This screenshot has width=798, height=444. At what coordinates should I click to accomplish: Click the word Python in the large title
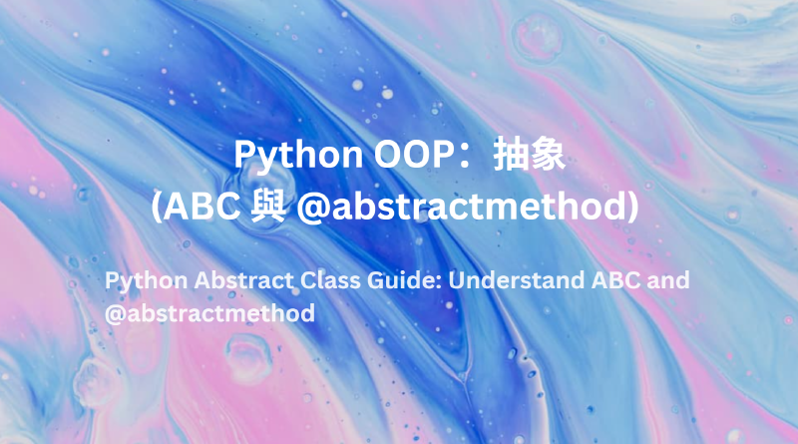pos(284,157)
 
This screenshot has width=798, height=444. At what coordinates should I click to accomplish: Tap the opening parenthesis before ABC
pos(158,207)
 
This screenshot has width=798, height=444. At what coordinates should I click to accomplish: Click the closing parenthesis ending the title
pos(630,207)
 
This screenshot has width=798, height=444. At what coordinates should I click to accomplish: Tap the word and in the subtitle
pos(668,280)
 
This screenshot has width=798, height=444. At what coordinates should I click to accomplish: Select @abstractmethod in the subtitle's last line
pos(209,313)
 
